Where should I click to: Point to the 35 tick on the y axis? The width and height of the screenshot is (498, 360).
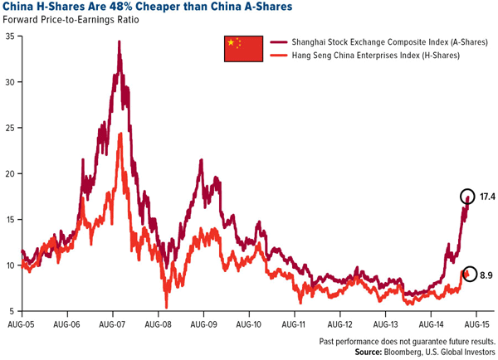(x=9, y=36)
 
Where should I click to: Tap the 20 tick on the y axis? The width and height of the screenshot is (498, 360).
(x=9, y=173)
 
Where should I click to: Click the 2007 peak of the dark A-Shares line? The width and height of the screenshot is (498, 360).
(x=120, y=41)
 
